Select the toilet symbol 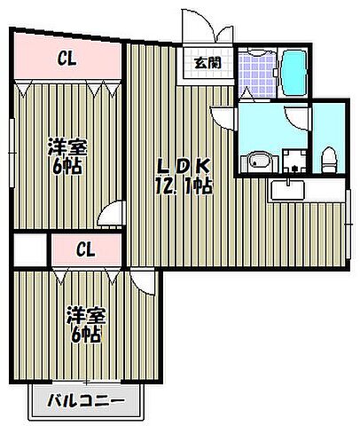coord(329,161)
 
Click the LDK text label coord(184,165)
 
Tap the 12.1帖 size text coord(184,186)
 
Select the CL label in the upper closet coord(67,59)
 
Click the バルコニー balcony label coord(86,400)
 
